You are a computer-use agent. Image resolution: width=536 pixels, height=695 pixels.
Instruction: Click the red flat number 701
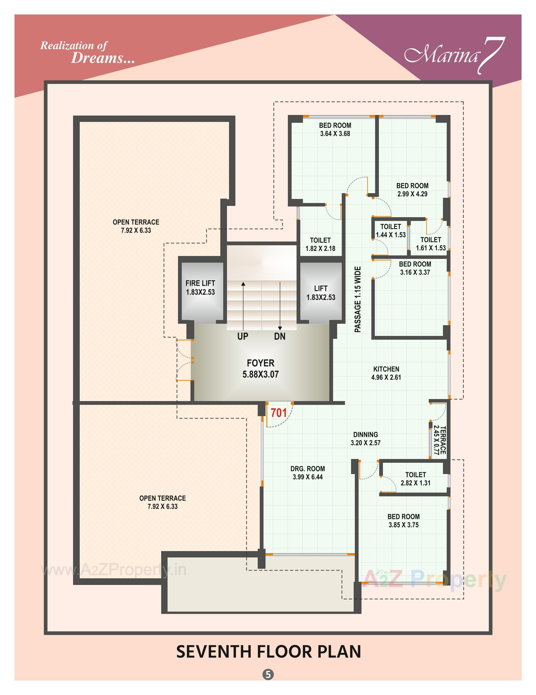pyautogui.click(x=279, y=413)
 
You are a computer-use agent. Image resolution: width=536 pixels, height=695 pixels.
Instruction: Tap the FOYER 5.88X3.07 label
pyautogui.click(x=261, y=369)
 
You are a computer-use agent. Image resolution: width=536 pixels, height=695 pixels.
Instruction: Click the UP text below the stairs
pyautogui.click(x=243, y=336)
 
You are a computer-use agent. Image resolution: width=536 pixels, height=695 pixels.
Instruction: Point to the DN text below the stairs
pyautogui.click(x=280, y=336)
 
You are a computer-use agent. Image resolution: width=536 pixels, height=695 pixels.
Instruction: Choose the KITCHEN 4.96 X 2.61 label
pyautogui.click(x=386, y=373)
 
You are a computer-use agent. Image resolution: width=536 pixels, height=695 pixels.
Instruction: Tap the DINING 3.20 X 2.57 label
pyautogui.click(x=365, y=438)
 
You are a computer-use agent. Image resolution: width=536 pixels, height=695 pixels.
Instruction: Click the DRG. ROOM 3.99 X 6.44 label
pyautogui.click(x=308, y=473)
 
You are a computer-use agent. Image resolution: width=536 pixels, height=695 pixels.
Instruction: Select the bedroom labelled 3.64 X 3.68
pyautogui.click(x=335, y=129)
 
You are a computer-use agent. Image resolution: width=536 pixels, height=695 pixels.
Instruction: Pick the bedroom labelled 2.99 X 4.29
pyautogui.click(x=412, y=190)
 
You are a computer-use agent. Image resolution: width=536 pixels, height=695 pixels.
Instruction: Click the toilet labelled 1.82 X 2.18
pyautogui.click(x=320, y=244)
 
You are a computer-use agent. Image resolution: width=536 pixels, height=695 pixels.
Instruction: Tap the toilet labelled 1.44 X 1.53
pyautogui.click(x=390, y=231)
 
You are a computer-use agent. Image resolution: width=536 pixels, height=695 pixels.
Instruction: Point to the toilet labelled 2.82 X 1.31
pyautogui.click(x=415, y=479)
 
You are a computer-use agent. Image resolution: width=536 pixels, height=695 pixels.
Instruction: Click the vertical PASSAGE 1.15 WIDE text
pyautogui.click(x=358, y=299)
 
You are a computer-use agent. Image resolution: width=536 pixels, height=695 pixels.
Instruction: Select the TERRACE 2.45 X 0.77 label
pyautogui.click(x=439, y=440)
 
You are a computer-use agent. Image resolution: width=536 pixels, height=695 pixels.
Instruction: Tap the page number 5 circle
pyautogui.click(x=268, y=674)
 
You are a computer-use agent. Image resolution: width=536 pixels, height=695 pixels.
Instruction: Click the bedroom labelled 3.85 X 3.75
pyautogui.click(x=404, y=521)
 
